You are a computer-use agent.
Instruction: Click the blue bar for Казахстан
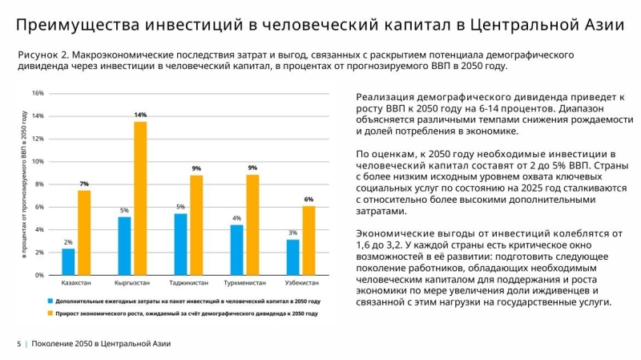68,261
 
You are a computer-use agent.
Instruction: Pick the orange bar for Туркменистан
252,224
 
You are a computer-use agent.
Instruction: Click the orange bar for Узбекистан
308,241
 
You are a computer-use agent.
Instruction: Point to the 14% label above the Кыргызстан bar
140,115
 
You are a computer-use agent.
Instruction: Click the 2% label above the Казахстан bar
68,242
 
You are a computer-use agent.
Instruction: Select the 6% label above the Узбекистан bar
308,199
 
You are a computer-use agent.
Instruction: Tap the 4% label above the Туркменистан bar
236,218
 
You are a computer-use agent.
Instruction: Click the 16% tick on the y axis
38,93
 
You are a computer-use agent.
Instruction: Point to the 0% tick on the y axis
39,275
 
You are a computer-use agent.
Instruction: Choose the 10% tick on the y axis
38,161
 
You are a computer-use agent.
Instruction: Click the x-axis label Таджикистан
189,284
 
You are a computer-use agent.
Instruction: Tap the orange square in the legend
49,313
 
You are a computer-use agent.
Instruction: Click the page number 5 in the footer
18,344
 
